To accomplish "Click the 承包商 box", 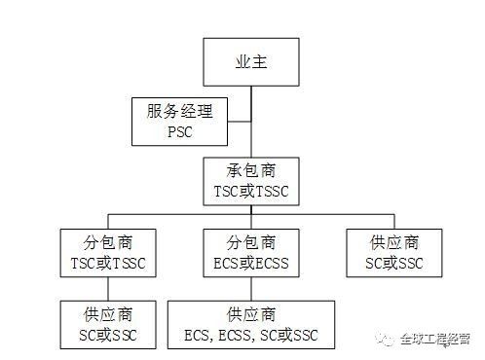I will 252,182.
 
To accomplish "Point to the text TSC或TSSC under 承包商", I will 252,193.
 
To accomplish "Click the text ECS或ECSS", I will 252,263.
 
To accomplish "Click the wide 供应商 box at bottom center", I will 252,324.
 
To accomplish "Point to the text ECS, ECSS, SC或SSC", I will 252,335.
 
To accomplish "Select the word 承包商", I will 252,172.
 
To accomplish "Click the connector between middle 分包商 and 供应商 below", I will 252,289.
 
